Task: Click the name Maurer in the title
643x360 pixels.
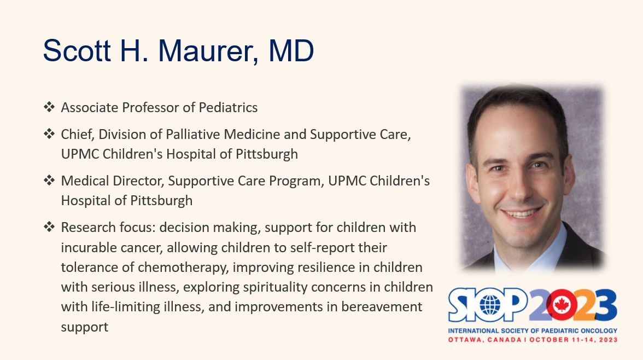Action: coord(208,51)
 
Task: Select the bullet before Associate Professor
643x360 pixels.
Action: coord(49,107)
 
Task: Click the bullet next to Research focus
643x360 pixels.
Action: coord(49,227)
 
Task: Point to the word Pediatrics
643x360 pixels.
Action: coord(228,108)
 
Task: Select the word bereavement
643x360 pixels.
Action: coord(382,306)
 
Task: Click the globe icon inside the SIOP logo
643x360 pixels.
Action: coord(490,305)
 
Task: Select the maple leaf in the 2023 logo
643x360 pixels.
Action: coord(561,305)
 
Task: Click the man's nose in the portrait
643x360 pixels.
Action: coord(518,187)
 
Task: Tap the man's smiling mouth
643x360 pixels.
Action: coord(521,213)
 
